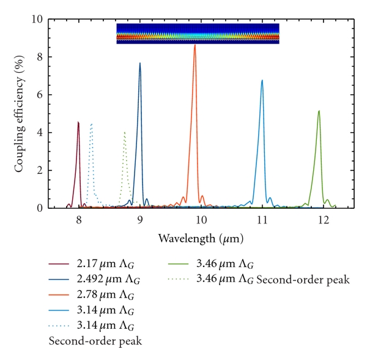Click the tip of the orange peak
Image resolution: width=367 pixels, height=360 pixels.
point(195,45)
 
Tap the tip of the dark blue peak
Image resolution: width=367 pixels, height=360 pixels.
point(140,63)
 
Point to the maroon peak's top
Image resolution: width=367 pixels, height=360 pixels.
point(78,122)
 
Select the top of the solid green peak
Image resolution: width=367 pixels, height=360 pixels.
point(319,111)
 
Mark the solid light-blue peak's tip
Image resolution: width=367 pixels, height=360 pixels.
point(262,80)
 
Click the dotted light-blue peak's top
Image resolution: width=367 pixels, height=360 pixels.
point(91,124)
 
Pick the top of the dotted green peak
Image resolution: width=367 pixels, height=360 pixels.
point(125,132)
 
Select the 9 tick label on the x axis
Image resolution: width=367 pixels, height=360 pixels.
point(140,219)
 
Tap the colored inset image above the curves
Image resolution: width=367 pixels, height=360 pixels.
point(198,34)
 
